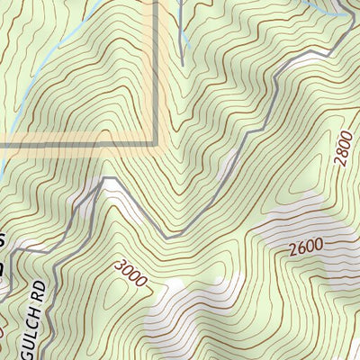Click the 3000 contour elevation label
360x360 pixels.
(131, 272)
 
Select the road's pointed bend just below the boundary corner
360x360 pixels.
(106, 179)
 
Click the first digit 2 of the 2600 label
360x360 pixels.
(293, 252)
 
